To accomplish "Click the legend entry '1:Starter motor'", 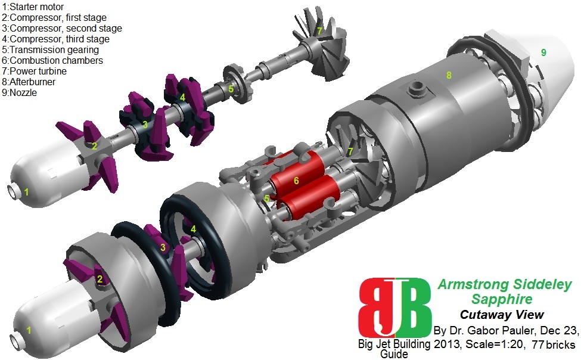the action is [x=33, y=7].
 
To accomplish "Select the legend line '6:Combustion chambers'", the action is [x=52, y=60].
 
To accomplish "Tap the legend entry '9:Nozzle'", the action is [x=19, y=93].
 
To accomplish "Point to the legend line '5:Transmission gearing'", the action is [x=51, y=49].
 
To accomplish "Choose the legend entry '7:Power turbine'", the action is [x=35, y=71].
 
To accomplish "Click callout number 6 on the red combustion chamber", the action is [x=296, y=181].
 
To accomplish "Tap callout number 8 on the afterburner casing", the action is [x=449, y=75].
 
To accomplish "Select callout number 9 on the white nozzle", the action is [x=543, y=52].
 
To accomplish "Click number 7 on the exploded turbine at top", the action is [x=319, y=31].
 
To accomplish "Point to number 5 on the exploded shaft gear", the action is [x=231, y=89].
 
